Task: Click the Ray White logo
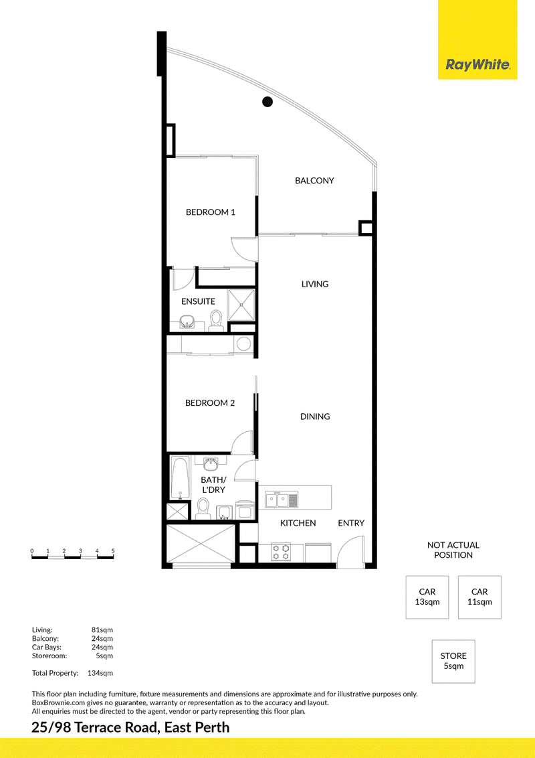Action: pos(477,64)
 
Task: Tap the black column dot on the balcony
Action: pos(267,102)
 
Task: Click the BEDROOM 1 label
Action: pos(211,212)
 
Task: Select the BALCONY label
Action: pos(314,180)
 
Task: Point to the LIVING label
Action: pos(315,284)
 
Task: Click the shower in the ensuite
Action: pos(241,305)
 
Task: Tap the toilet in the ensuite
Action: pos(216,321)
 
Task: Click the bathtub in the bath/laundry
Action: pos(180,478)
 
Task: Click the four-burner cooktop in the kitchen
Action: pos(281,552)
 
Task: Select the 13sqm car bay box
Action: pos(427,597)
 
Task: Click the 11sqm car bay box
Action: pos(479,597)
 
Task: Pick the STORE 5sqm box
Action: pos(453,662)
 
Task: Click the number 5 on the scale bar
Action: pos(113,550)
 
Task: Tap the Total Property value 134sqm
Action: pos(100,673)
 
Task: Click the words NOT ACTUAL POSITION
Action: pos(453,550)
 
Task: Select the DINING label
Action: pos(315,416)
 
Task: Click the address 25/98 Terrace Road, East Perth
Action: pos(130,728)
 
